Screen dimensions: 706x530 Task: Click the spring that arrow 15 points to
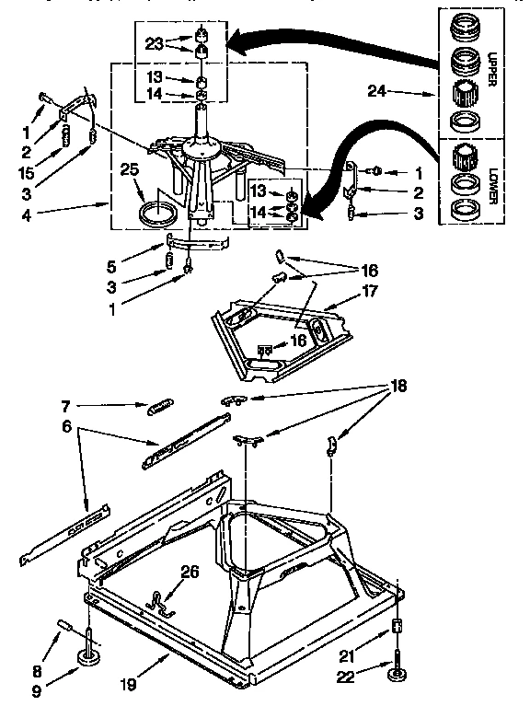pos(67,137)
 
